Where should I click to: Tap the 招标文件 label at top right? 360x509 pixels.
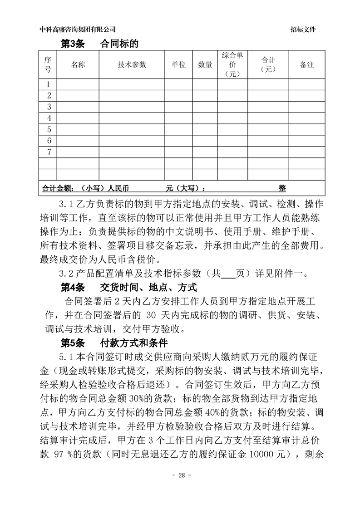[303, 29]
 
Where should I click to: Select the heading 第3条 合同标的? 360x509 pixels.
[99, 44]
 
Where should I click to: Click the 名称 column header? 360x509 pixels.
[78, 65]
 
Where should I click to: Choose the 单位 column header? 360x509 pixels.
[178, 65]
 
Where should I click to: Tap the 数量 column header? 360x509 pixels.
[205, 65]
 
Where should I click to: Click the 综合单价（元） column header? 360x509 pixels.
[232, 65]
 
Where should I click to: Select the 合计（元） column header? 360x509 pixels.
[268, 65]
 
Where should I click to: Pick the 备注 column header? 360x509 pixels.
[307, 65]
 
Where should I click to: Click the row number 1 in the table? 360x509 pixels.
[49, 84]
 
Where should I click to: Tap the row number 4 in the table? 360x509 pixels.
[49, 118]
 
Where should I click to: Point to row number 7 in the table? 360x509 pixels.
[49, 152]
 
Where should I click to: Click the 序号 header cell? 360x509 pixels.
[48, 65]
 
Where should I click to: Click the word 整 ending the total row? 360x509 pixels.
[282, 188]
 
